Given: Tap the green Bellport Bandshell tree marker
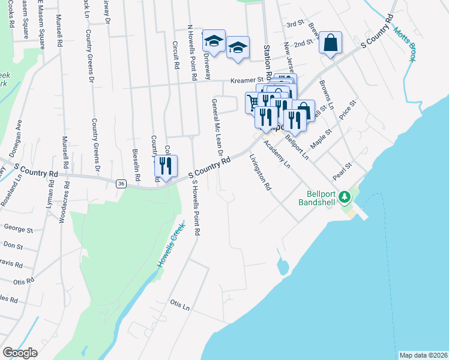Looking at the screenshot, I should coord(345,196).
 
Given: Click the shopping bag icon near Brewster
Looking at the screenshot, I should coord(330,43).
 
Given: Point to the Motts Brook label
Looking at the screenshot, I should coord(405,45).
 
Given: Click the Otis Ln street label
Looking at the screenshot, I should coord(179,306).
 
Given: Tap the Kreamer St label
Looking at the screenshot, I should coord(248,80).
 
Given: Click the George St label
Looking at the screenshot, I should coord(18,229).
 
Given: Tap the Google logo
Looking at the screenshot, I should coord(20,353).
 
